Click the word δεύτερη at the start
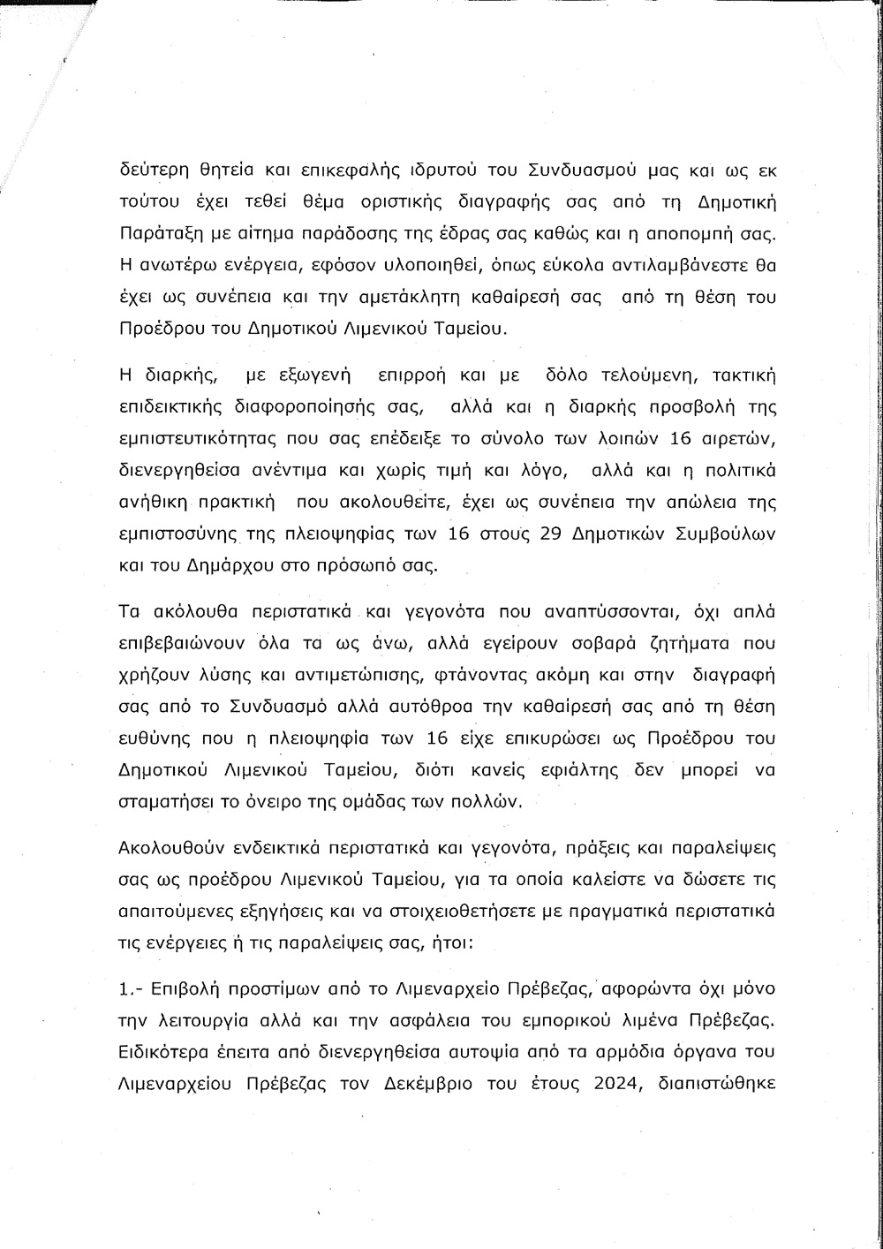tap(153, 170)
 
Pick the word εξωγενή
tap(303, 375)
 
